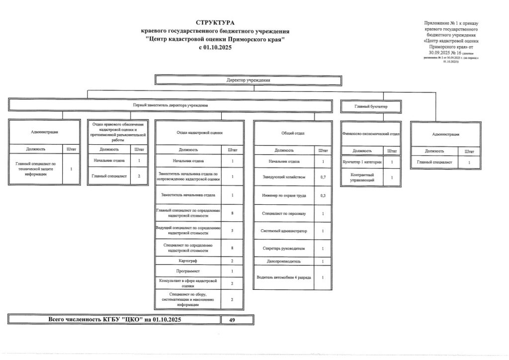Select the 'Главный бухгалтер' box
(371, 106)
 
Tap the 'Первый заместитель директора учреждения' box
(170, 105)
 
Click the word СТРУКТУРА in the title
(215, 23)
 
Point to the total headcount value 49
(232, 320)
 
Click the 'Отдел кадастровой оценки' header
(199, 133)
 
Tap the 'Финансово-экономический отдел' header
(371, 134)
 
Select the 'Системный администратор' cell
(284, 231)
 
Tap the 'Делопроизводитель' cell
(284, 261)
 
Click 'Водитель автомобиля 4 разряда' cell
(284, 277)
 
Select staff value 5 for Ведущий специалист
(232, 230)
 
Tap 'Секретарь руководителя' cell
(284, 249)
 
